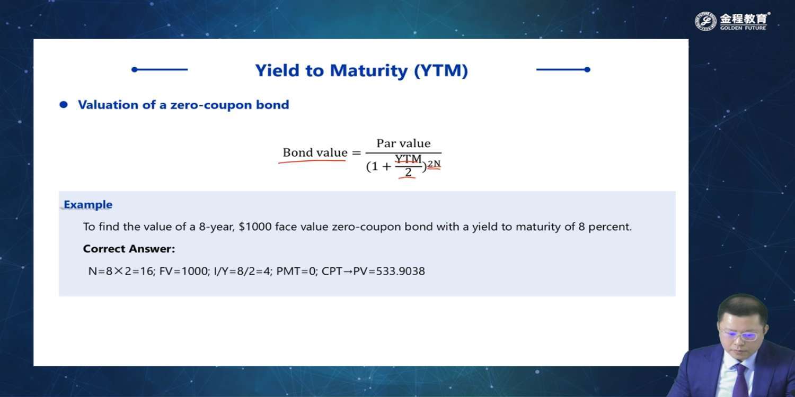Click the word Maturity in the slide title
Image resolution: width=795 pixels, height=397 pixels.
click(x=369, y=70)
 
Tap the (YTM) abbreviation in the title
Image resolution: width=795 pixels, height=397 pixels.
click(x=441, y=70)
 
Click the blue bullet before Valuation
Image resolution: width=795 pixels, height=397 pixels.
click(x=64, y=105)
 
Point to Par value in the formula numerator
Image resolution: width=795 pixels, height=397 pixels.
click(x=403, y=143)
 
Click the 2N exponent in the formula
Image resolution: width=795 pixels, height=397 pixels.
click(x=434, y=164)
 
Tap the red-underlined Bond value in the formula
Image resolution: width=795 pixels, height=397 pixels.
click(x=315, y=153)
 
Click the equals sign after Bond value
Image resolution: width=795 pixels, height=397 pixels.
click(x=356, y=153)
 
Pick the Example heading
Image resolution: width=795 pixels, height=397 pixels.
click(x=88, y=204)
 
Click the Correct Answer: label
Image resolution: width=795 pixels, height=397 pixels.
click(x=129, y=249)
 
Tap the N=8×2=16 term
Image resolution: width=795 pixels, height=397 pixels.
click(x=121, y=271)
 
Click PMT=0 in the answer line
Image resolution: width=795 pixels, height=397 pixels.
click(x=297, y=271)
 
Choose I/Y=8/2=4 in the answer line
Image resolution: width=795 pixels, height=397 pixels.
click(x=243, y=271)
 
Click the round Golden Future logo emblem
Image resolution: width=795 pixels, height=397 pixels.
click(x=705, y=21)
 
